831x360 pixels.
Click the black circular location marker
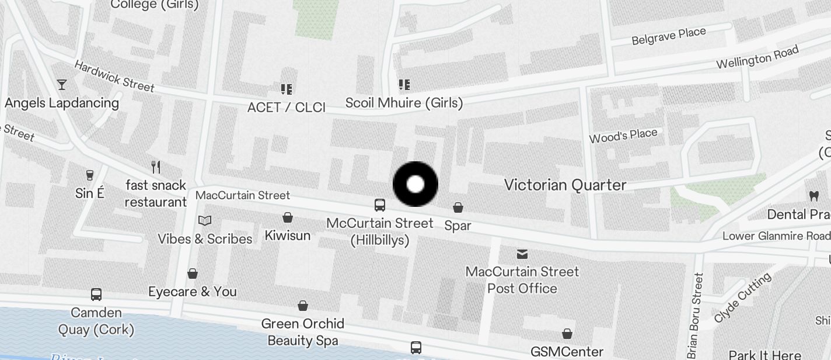click(415, 185)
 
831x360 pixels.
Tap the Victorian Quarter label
click(565, 185)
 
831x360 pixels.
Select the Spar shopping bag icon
click(458, 207)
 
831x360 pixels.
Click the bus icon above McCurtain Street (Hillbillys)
click(380, 205)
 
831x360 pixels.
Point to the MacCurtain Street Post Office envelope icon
click(522, 254)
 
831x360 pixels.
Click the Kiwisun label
click(288, 236)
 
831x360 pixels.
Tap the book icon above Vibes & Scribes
click(205, 220)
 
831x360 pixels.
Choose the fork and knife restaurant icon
click(156, 167)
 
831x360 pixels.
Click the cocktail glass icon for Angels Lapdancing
click(62, 85)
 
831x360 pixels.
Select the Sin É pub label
click(90, 193)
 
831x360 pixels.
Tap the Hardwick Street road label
click(114, 77)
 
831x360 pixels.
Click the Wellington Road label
click(757, 58)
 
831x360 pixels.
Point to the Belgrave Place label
click(669, 36)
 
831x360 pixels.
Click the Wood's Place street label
click(623, 136)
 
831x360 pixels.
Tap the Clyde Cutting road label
click(742, 297)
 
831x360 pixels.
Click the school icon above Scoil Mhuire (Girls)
click(404, 85)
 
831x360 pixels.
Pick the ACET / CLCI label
click(287, 108)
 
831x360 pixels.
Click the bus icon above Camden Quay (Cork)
click(96, 295)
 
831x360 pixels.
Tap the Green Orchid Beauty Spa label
click(302, 332)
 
